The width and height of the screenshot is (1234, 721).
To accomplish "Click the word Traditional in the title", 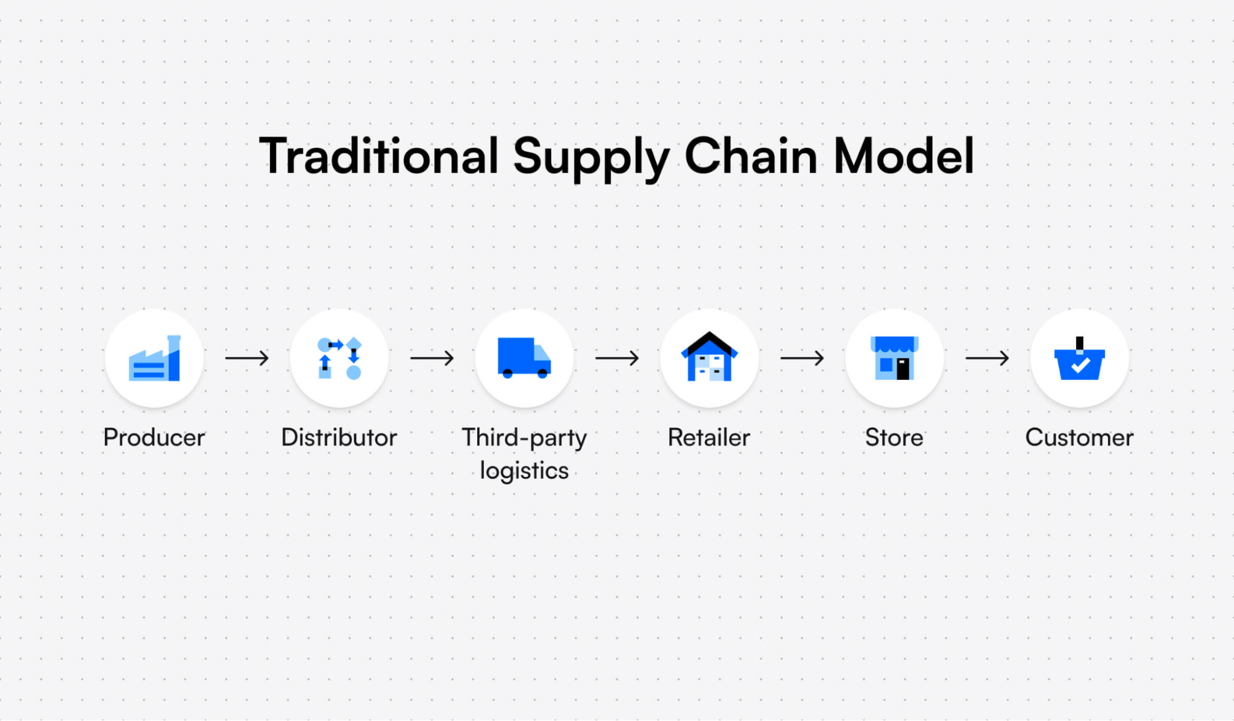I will [378, 156].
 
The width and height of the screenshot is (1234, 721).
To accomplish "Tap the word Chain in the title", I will [751, 156].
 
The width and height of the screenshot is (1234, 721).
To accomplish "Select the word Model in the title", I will [904, 156].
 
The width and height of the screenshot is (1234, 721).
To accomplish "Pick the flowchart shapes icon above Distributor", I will [339, 358].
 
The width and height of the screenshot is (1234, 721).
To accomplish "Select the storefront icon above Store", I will [894, 358].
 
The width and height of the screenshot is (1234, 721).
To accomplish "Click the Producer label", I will [154, 437].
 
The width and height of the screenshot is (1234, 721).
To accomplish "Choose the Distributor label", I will [339, 437].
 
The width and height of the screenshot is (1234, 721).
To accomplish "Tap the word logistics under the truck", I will [524, 471].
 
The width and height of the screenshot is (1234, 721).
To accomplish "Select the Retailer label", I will [709, 437].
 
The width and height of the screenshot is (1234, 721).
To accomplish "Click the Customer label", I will [1079, 437].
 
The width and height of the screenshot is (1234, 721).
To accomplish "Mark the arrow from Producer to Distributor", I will [247, 358].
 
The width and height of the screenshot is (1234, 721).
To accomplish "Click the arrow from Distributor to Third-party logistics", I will [432, 358].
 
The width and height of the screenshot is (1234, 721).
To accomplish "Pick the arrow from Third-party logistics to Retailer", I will [617, 358].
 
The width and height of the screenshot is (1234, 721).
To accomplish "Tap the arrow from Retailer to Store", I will [802, 358].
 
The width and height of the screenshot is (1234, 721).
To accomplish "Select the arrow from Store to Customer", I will [987, 358].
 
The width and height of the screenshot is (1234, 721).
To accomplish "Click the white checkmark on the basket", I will [1080, 366].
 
